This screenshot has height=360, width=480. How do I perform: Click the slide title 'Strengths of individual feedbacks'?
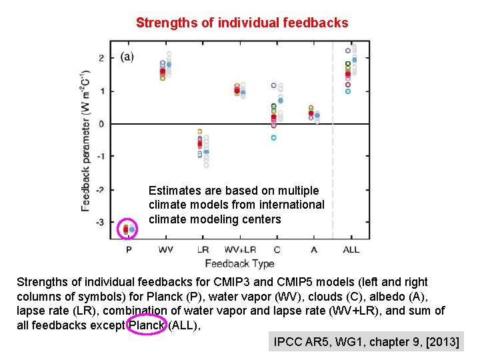click(241, 23)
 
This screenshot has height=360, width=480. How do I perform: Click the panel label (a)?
click(127, 57)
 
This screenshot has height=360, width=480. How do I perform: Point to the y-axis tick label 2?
click(101, 58)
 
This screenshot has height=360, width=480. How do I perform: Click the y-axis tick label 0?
click(101, 124)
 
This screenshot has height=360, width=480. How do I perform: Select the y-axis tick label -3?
click(99, 222)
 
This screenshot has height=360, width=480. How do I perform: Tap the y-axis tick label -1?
click(99, 157)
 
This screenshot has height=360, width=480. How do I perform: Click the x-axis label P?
click(129, 249)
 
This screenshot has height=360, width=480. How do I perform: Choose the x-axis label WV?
click(166, 249)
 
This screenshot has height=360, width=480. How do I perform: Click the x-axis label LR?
click(203, 249)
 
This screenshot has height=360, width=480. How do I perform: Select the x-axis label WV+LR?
click(240, 249)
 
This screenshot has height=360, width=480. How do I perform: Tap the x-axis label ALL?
click(351, 249)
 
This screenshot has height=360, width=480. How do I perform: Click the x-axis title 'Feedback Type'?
click(240, 263)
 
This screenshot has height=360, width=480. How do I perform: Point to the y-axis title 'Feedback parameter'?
click(86, 140)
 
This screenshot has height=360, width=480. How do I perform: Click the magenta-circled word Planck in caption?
click(145, 325)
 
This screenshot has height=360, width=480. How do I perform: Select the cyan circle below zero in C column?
click(273, 138)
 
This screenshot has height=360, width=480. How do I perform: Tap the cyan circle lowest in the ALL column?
click(347, 91)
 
